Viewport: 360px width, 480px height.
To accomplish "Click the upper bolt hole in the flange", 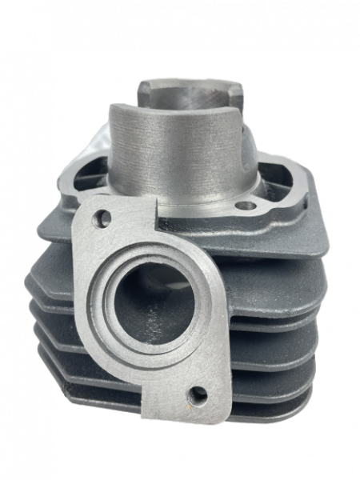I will [x=102, y=217].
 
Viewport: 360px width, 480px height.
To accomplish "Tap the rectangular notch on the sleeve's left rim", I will [x=142, y=86].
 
